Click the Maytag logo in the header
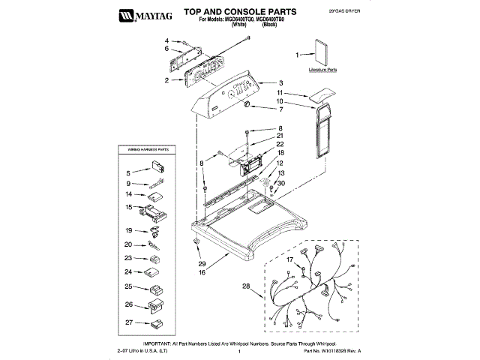pos(145,13)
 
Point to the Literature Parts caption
pos(322,69)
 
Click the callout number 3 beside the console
pos(280,82)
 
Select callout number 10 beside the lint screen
pos(279,100)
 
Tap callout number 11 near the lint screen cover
pos(279,92)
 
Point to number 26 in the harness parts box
pos(128,304)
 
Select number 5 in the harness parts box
pos(128,172)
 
